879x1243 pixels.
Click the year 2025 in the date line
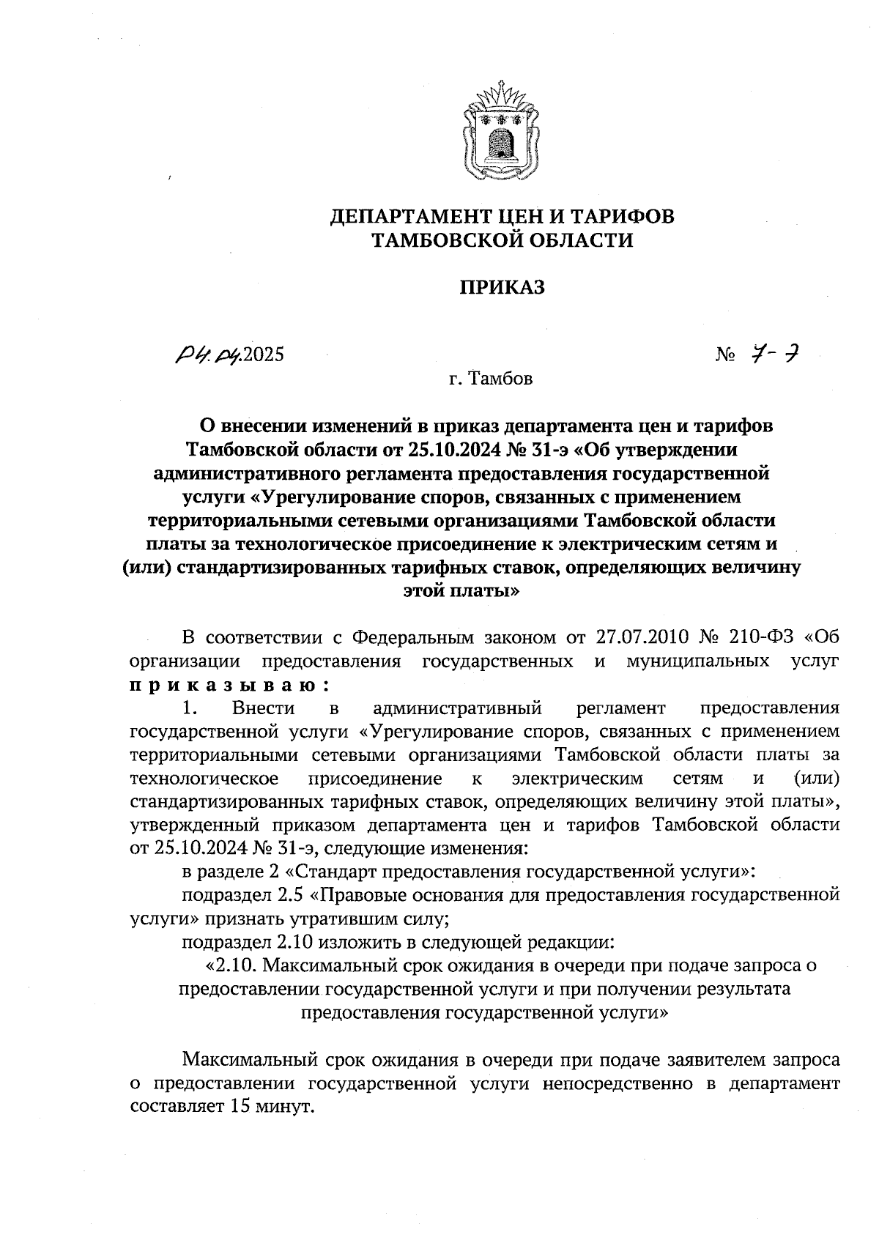tap(262, 355)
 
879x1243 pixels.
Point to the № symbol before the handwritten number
tap(726, 356)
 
